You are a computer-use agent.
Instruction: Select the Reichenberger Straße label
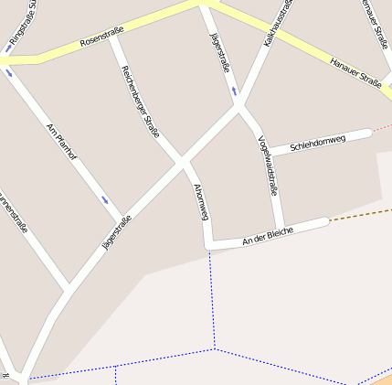point(140,102)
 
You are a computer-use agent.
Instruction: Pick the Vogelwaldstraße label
point(267,166)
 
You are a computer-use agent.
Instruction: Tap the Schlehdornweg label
point(317,143)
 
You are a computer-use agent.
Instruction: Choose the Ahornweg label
point(201,201)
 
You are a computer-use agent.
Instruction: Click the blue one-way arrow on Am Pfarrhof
point(105,199)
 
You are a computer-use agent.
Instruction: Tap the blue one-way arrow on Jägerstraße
point(234,91)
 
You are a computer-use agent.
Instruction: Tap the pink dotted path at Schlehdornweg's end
point(382,127)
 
